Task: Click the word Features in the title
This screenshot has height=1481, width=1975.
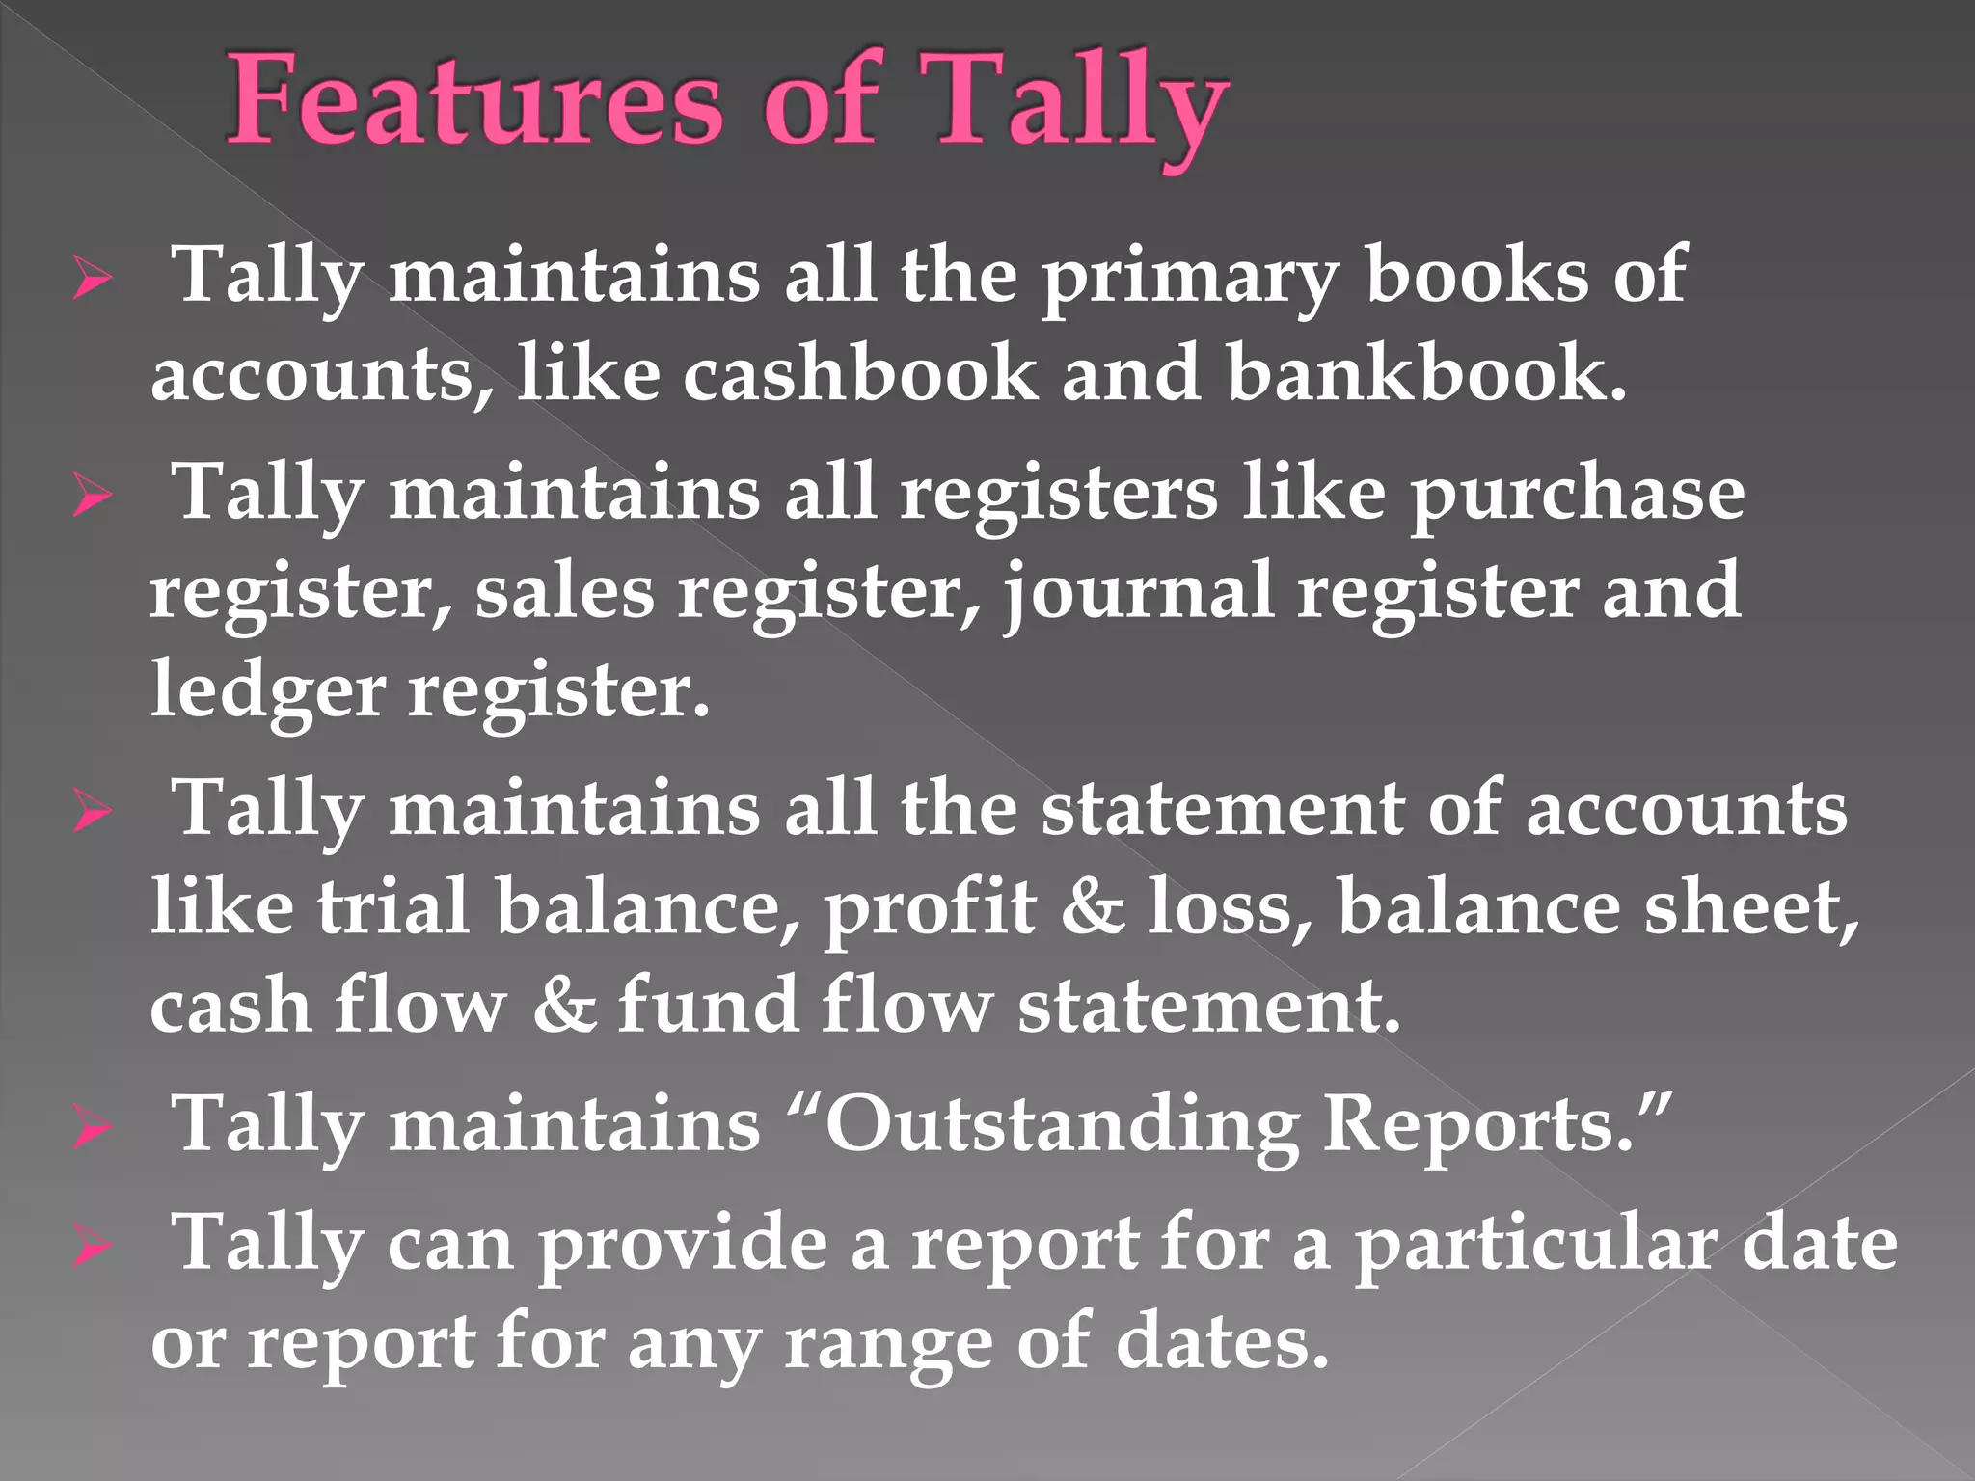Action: pyautogui.click(x=474, y=102)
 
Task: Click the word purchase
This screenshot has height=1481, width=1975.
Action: pyautogui.click(x=1578, y=494)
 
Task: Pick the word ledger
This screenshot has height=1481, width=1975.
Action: pyautogui.click(x=267, y=692)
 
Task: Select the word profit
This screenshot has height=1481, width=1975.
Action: pyautogui.click(x=931, y=908)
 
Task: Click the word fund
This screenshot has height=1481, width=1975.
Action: pyautogui.click(x=708, y=1005)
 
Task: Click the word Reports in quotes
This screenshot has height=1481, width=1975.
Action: pyautogui.click(x=1480, y=1126)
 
